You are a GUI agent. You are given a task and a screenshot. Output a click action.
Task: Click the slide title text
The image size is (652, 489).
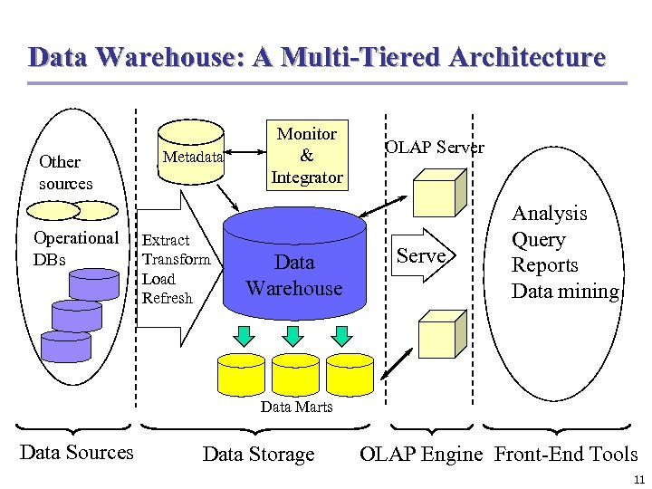pyautogui.click(x=317, y=57)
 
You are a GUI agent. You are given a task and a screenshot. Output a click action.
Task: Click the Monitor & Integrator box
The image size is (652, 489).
pyautogui.click(x=307, y=155)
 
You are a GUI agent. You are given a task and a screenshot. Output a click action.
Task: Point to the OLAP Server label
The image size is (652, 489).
pyautogui.click(x=435, y=148)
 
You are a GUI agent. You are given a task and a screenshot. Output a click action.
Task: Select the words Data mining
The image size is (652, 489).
pyautogui.click(x=565, y=291)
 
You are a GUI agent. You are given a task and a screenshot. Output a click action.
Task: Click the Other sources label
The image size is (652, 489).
pyautogui.click(x=64, y=172)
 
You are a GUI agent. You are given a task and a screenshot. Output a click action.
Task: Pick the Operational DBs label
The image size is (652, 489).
pyautogui.click(x=75, y=248)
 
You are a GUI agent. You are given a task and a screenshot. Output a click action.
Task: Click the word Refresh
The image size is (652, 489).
pyautogui.click(x=168, y=298)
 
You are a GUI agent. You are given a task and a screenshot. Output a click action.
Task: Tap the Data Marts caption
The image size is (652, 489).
pyautogui.click(x=296, y=407)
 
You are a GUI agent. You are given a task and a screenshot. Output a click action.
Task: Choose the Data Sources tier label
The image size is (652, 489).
pyautogui.click(x=76, y=452)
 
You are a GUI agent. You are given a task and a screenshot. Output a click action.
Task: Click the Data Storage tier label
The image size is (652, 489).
pyautogui.click(x=258, y=454)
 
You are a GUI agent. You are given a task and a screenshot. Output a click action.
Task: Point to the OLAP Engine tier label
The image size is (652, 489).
pyautogui.click(x=421, y=454)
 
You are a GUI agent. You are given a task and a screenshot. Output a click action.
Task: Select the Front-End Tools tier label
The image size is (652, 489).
pyautogui.click(x=566, y=454)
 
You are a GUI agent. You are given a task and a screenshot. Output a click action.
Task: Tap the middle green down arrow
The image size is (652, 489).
pyautogui.click(x=292, y=336)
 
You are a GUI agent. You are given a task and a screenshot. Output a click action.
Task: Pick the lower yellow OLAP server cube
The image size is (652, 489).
pyautogui.click(x=439, y=337)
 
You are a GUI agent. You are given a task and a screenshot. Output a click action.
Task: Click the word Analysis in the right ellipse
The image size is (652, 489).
pyautogui.click(x=549, y=214)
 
